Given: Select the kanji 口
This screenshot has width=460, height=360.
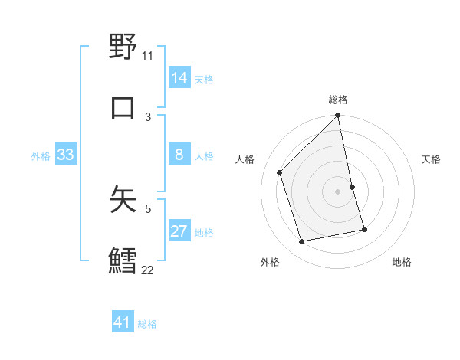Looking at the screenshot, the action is pyautogui.click(x=123, y=106).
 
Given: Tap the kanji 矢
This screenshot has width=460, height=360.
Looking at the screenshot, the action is pyautogui.click(x=123, y=198).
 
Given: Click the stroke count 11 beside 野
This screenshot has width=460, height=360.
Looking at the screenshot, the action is pyautogui.click(x=147, y=55).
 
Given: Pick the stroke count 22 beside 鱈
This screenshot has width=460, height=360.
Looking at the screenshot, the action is pyautogui.click(x=147, y=270).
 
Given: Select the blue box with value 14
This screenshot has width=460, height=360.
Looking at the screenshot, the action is pyautogui.click(x=179, y=78).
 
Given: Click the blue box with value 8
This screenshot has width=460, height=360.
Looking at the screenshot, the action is pyautogui.click(x=179, y=155).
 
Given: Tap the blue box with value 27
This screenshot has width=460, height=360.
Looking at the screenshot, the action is pyautogui.click(x=179, y=231).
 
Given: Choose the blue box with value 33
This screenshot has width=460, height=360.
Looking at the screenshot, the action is pyautogui.click(x=65, y=155).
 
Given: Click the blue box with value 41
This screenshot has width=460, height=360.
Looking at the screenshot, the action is pyautogui.click(x=123, y=322).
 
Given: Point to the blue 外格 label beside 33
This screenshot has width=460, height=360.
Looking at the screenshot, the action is pyautogui.click(x=41, y=155).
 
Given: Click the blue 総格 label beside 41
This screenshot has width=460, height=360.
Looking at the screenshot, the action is pyautogui.click(x=147, y=323).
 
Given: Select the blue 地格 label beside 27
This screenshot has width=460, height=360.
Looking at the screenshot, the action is pyautogui.click(x=204, y=232).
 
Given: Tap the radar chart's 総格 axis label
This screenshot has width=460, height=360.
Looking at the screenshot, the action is pyautogui.click(x=338, y=100).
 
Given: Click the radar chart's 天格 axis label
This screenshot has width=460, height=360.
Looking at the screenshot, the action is pyautogui.click(x=432, y=159).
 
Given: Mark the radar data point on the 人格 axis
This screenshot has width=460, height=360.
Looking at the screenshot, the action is pyautogui.click(x=280, y=172).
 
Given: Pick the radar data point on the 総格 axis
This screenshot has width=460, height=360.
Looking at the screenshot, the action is pyautogui.click(x=338, y=116).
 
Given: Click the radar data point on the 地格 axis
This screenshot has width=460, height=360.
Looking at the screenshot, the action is pyautogui.click(x=364, y=229).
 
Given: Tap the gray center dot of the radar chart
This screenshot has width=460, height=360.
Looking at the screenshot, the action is pyautogui.click(x=338, y=191).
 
